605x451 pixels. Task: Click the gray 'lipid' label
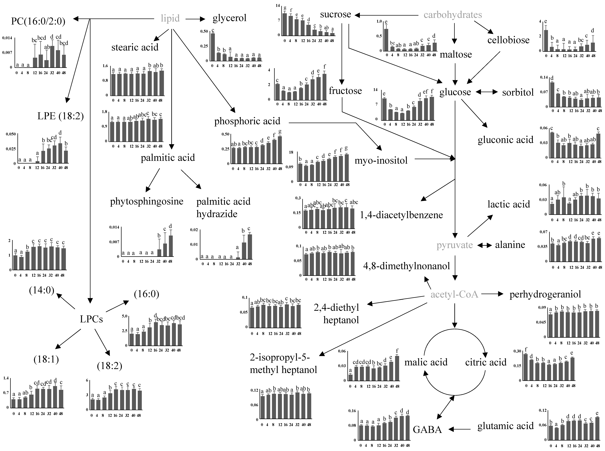170,19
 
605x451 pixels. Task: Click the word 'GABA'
427,429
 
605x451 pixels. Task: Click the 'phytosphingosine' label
147,201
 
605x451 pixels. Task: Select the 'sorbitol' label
518,93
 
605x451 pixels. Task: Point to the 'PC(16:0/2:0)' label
38,21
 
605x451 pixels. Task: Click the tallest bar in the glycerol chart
213,47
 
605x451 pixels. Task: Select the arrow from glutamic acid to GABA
459,429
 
